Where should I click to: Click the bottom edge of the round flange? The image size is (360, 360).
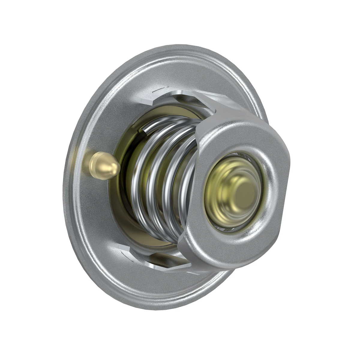(x=150, y=309)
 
